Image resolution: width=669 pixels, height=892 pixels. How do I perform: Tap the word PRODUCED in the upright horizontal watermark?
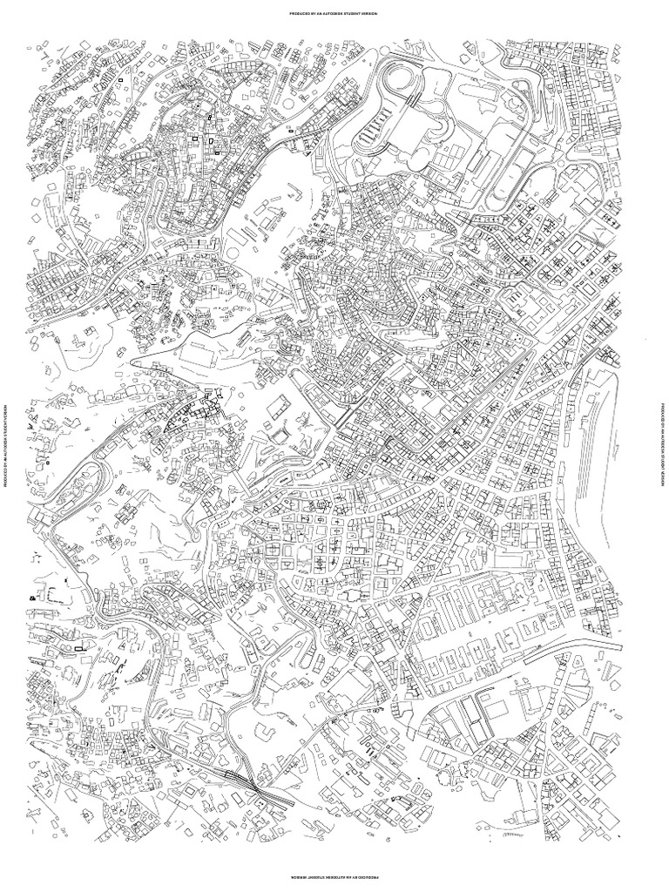[x=288, y=14]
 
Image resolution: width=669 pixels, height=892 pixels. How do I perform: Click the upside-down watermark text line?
[x=334, y=876]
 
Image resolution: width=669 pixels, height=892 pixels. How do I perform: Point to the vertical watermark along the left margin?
[x=7, y=446]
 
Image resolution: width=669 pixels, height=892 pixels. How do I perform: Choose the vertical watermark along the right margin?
[x=661, y=446]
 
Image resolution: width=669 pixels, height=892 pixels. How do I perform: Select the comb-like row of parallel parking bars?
[x=370, y=131]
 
